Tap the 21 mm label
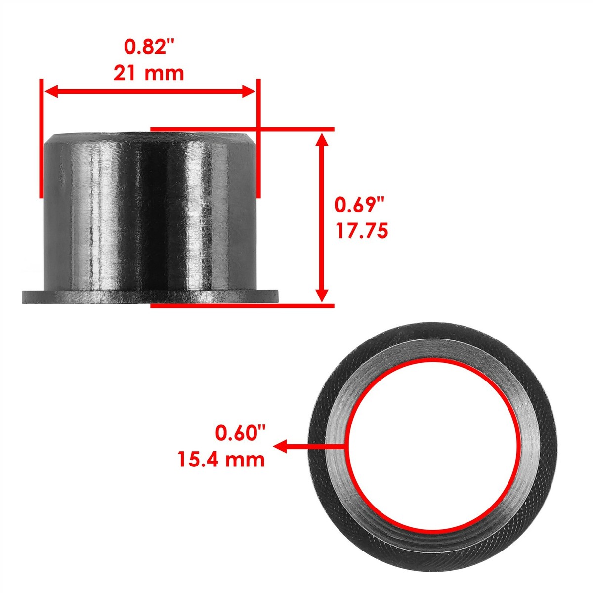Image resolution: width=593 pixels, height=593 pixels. click(x=149, y=74)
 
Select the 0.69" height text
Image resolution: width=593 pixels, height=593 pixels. click(x=359, y=205)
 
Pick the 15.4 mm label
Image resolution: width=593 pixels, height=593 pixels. click(x=221, y=460)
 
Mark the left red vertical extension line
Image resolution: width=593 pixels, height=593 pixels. click(x=42, y=138)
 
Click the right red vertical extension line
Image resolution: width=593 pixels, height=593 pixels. click(x=257, y=138)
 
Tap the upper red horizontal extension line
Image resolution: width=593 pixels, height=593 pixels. click(x=242, y=129)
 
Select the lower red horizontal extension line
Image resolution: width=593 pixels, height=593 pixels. click(x=242, y=306)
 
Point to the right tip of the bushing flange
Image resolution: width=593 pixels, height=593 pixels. click(x=277, y=297)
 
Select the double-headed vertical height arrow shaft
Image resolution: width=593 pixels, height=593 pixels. click(x=322, y=217)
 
